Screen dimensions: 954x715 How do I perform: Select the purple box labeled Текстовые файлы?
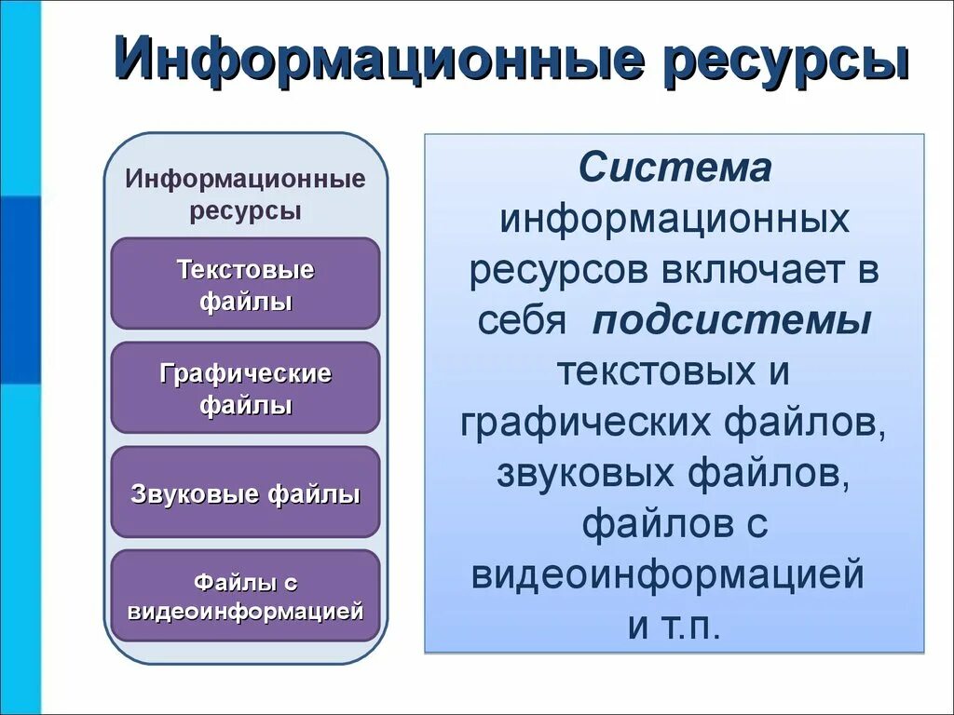click(245, 284)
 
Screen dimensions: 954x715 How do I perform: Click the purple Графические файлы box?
click(245, 388)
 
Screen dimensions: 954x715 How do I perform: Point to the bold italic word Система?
click(675, 169)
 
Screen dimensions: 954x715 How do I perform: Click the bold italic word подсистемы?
click(732, 321)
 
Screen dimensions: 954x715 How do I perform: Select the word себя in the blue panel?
click(523, 321)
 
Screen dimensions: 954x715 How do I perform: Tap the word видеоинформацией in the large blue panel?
click(668, 574)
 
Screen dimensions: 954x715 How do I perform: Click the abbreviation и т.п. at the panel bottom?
click(675, 625)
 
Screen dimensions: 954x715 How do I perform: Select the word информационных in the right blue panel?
click(675, 221)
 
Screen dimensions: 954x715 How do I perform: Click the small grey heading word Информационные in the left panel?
click(245, 178)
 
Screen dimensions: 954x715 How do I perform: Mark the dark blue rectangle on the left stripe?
click(20, 289)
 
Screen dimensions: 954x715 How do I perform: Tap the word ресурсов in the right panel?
click(559, 271)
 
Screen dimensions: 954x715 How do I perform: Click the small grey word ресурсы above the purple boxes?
click(245, 210)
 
